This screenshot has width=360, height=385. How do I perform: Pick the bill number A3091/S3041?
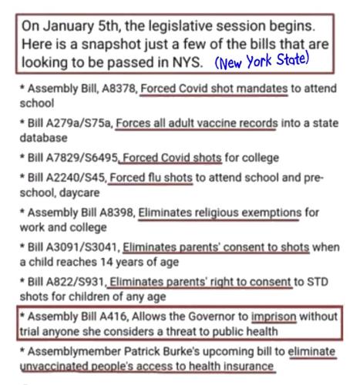pyautogui.click(x=84, y=246)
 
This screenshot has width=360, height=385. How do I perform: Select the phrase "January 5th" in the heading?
pyautogui.click(x=76, y=24)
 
